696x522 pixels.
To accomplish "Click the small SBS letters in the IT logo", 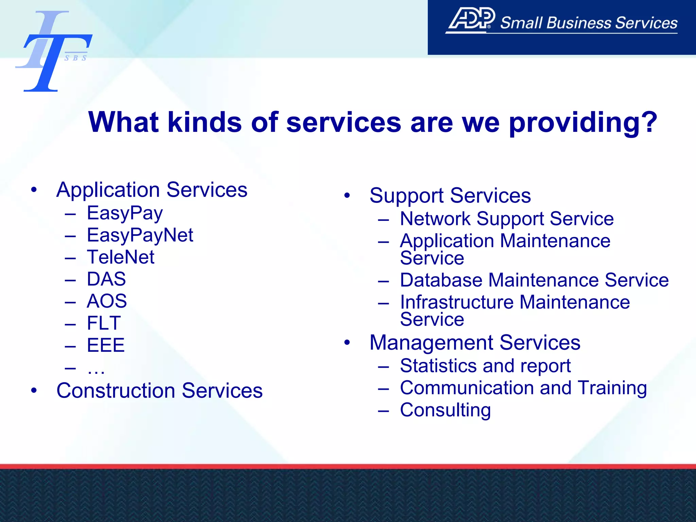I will coord(75,58).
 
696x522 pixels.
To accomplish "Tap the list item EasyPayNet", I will coord(140,235).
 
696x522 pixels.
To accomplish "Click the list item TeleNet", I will coord(121,257).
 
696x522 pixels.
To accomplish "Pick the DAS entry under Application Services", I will coord(106,279).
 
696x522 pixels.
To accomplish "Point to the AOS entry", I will coord(107,301).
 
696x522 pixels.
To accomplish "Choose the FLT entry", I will coord(104,323).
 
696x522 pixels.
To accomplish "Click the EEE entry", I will coord(106,345).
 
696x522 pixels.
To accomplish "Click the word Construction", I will coord(116,390).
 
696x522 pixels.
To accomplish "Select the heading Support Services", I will coord(450,196).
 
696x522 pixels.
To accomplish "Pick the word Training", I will coord(612,388).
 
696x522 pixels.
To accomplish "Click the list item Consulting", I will coord(445,410).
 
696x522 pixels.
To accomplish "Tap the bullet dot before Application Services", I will coord(34,190).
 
